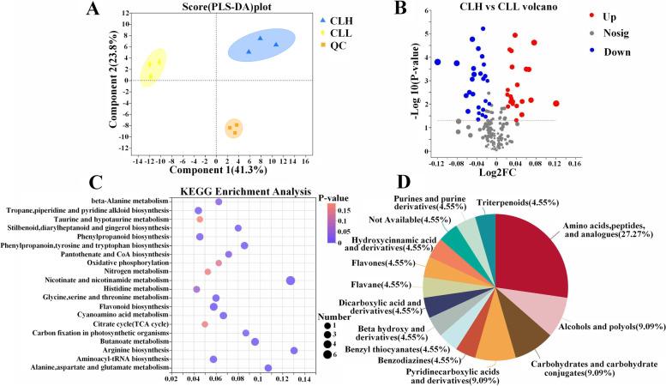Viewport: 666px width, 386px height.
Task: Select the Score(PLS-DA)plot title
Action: pos(201,8)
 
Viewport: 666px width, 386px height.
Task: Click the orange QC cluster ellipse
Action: pos(233,130)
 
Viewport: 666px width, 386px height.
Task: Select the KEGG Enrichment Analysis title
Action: pos(231,189)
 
